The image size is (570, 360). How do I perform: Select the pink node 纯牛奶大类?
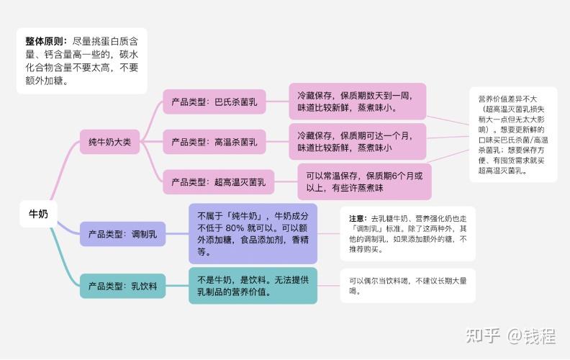tap(105, 142)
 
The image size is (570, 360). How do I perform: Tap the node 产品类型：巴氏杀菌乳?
tap(214, 102)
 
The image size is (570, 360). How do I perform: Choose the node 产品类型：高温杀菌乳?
tap(214, 142)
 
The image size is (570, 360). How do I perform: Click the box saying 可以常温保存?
tap(364, 181)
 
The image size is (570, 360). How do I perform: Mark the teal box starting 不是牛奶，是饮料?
tap(253, 286)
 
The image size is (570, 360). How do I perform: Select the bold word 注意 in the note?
tap(357, 218)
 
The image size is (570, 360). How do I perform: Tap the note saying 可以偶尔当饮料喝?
tap(408, 286)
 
